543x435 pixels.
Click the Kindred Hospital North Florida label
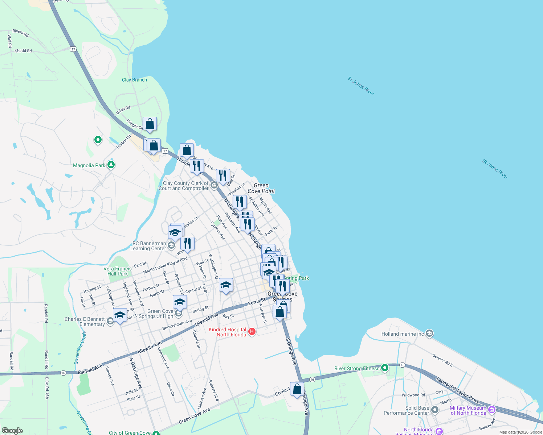tap(228, 332)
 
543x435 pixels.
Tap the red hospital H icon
tap(252, 332)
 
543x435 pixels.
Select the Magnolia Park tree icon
tap(111, 165)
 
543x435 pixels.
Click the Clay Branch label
tap(134, 80)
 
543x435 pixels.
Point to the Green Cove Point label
tap(261, 188)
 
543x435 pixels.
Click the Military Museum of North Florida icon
tap(492, 410)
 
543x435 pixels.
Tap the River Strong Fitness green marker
tap(385, 368)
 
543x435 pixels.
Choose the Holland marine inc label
tap(403, 334)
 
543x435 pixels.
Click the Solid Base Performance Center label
tap(407, 410)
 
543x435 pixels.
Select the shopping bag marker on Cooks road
tap(297, 389)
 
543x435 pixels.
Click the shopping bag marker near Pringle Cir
tap(150, 124)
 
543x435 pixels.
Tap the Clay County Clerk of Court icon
tap(214, 186)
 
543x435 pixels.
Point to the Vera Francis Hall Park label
tap(118, 271)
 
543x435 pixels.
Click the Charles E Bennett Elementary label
tap(85, 322)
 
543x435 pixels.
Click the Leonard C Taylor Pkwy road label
tap(458, 390)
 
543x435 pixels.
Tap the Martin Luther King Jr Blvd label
tap(165, 265)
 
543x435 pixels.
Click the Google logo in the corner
tap(12, 430)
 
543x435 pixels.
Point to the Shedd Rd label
tap(23, 51)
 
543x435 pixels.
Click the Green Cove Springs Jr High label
tap(160, 314)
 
